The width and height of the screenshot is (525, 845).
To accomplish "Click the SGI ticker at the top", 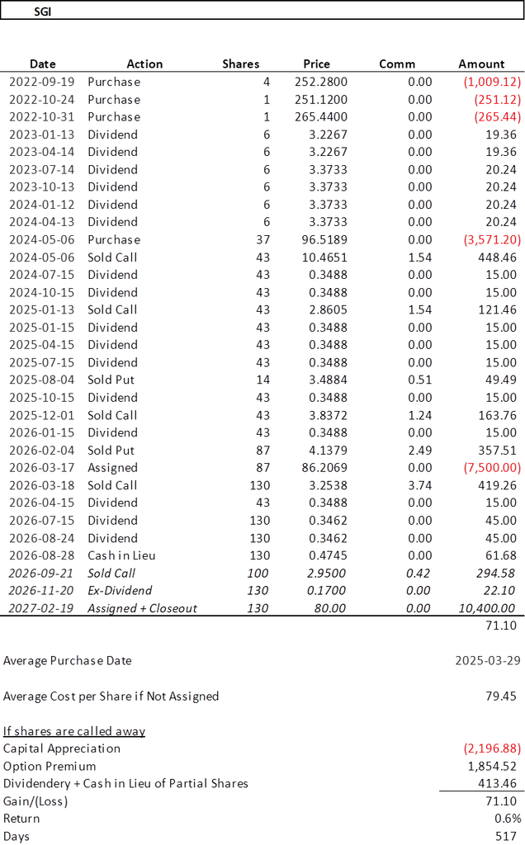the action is coord(43,12).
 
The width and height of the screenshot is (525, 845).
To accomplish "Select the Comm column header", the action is coord(397,64).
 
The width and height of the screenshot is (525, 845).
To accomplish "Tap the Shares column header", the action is coord(240,64).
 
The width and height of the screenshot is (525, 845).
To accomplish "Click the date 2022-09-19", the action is coord(41,82).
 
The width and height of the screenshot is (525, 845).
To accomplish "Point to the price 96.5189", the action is coord(324,240).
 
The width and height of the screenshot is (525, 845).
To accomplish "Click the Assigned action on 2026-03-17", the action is coord(112,468).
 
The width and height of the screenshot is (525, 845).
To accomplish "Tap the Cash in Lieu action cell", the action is coord(121,555).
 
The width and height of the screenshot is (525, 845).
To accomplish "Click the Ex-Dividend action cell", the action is coord(120,591).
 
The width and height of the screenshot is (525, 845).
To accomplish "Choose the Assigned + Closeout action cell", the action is coord(142,608).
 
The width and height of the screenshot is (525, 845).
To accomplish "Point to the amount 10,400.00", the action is coord(487,608).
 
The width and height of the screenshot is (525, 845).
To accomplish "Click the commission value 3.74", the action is coord(420,485).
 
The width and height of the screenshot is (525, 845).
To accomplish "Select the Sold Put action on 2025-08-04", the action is coord(111,380).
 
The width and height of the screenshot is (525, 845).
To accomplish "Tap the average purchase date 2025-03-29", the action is coord(488,661).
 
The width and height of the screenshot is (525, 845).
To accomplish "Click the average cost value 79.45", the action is coord(501,696).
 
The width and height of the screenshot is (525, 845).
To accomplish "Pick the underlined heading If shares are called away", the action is coord(74,731).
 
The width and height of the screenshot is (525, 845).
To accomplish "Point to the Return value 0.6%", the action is coord(508,819).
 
